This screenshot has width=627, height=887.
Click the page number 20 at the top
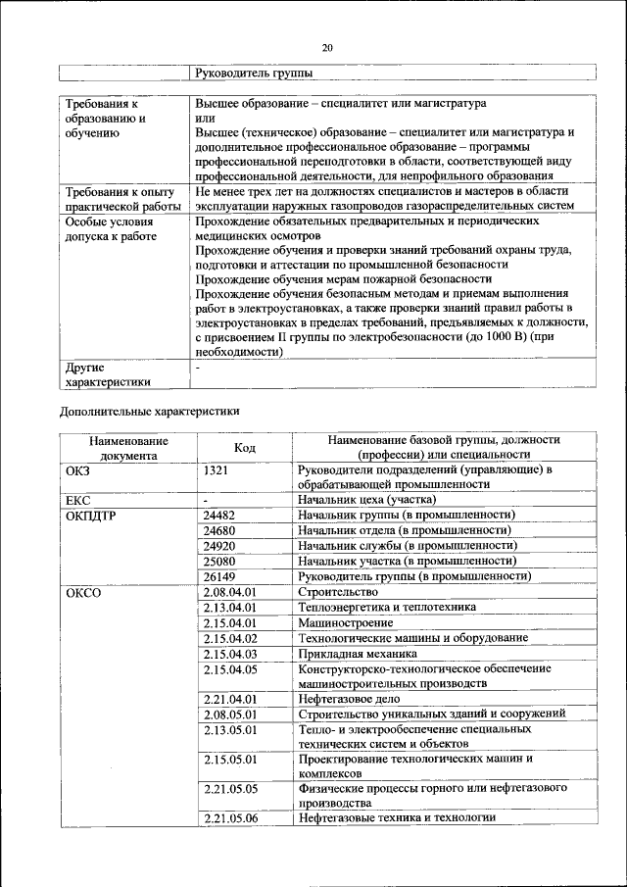point(327,47)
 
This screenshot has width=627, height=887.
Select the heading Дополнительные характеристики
point(149,412)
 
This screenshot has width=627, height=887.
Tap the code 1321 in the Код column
point(216,470)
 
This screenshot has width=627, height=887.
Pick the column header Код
point(245,448)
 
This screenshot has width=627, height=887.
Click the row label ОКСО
point(83,593)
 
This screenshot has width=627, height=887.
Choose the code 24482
point(219,516)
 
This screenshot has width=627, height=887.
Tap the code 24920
point(219,546)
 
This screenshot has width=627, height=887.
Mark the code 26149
point(219,576)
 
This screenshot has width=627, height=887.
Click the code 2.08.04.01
point(228,593)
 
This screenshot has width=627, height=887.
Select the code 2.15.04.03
point(228,653)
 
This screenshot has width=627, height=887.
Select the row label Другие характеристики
point(107,375)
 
